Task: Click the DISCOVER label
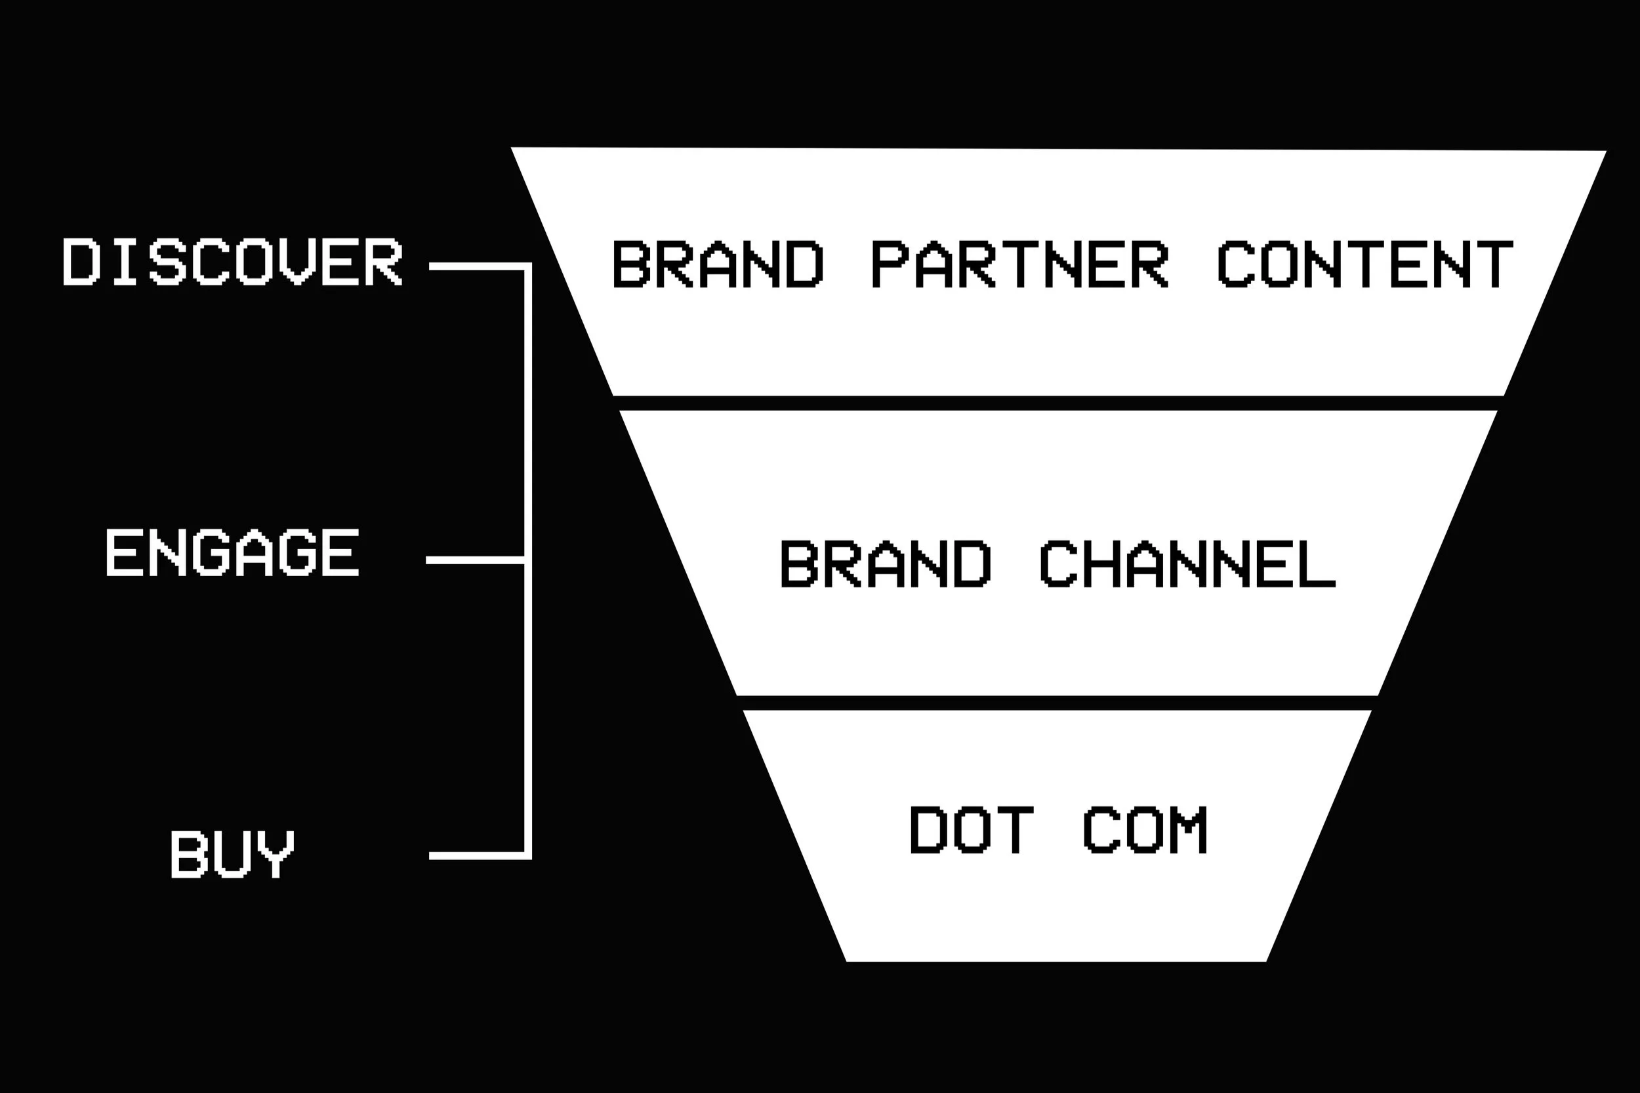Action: click(x=232, y=262)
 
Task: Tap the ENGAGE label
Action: click(x=232, y=552)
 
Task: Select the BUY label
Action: click(x=233, y=854)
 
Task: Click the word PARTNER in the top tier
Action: click(x=1019, y=264)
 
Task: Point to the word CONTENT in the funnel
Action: click(x=1365, y=264)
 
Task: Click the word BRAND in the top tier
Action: click(x=718, y=264)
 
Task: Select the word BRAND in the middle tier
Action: click(x=886, y=564)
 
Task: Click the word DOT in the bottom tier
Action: click(x=972, y=829)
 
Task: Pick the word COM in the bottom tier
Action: click(x=1145, y=829)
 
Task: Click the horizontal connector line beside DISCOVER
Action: click(x=477, y=266)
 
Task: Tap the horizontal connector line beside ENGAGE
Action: click(x=475, y=560)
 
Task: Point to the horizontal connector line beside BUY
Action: click(x=477, y=856)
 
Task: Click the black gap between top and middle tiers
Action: click(x=1058, y=403)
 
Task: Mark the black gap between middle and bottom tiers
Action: click(x=1057, y=703)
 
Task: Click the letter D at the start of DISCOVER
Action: click(x=81, y=262)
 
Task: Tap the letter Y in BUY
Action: click(x=276, y=854)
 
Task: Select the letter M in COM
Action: click(x=1189, y=829)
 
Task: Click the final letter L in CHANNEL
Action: click(x=1317, y=564)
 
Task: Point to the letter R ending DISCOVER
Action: click(x=384, y=262)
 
